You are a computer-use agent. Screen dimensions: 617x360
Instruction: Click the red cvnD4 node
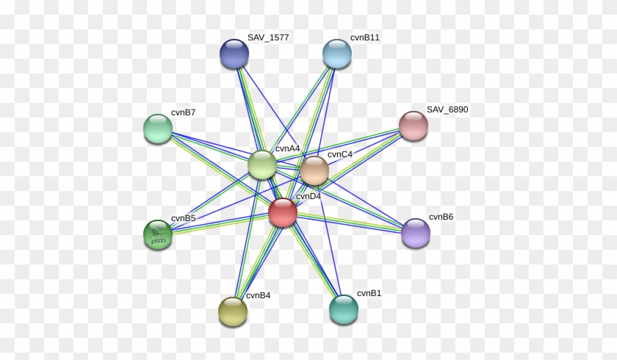point(283,212)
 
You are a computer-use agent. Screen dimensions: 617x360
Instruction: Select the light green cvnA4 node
point(262,165)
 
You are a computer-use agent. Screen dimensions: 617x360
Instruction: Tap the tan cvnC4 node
point(314,170)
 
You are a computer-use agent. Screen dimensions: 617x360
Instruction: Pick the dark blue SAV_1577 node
point(234,54)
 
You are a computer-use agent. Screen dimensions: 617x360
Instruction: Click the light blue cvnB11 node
point(337,54)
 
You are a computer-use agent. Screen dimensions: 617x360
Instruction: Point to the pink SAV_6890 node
point(414,126)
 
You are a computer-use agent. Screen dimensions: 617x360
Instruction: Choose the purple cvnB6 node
point(416,233)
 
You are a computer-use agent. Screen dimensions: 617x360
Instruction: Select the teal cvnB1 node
point(344,309)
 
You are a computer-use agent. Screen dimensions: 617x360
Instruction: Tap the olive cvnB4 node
point(233,312)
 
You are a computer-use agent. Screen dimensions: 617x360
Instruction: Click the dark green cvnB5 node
point(158,234)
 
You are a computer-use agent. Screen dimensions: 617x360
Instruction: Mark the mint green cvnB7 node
point(158,129)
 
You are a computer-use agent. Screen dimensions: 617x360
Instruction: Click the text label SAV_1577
point(268,37)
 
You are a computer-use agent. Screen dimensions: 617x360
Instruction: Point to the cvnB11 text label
point(365,37)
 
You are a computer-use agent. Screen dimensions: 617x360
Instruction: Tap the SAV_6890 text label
point(447,109)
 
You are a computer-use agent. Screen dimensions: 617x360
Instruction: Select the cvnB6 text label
point(441,217)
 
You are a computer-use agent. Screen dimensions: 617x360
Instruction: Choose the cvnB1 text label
point(369,293)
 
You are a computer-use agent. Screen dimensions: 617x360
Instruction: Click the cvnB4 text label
point(258,295)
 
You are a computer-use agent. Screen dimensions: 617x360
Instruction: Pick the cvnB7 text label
point(184,112)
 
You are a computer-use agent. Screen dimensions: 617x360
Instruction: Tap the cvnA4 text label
point(288,148)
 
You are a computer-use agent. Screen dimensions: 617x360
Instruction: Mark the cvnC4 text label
point(340,154)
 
